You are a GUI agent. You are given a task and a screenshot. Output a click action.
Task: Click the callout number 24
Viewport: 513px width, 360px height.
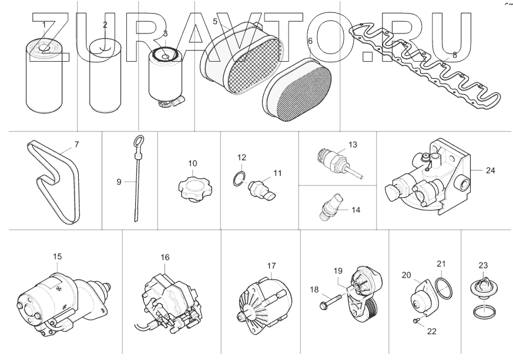coord(491,171)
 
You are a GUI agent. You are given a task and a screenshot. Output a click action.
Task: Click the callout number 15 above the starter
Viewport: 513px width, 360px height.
coord(57,256)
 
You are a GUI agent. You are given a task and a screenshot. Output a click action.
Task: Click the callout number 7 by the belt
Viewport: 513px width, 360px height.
coord(76,143)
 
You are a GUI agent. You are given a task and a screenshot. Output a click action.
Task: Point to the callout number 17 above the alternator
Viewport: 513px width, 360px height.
coord(271,265)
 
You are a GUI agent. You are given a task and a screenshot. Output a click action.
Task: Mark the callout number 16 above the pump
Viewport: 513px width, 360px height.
coord(165,257)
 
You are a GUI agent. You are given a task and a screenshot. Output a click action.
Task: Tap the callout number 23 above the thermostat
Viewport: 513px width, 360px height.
coord(484,264)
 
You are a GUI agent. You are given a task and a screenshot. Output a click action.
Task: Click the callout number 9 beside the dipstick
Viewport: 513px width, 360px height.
coord(118,182)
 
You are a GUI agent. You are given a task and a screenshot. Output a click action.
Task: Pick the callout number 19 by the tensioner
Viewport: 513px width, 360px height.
coord(338,270)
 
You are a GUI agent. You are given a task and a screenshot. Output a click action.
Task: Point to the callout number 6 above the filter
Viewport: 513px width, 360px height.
coord(310,42)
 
